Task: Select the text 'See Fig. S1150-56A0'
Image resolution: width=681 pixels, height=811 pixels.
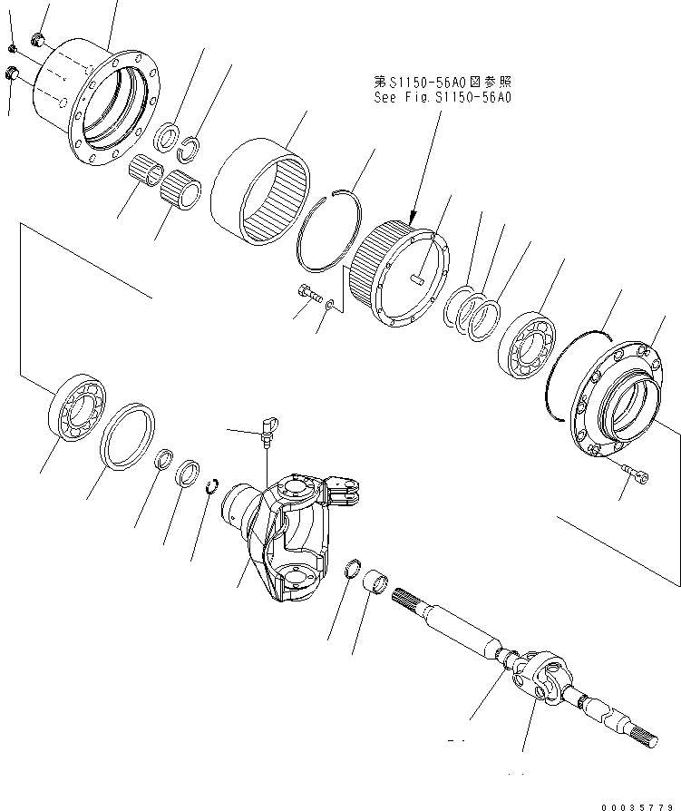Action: [x=443, y=96]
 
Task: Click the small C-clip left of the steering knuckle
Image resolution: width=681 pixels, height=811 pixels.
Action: [x=213, y=486]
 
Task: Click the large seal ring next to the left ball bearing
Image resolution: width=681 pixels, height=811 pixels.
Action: [x=128, y=435]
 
